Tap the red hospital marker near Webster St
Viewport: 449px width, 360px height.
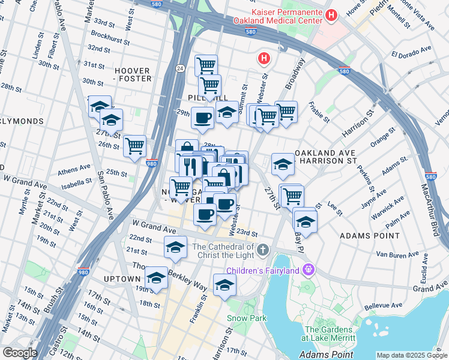coord(263,58)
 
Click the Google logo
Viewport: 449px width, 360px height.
coord(20,353)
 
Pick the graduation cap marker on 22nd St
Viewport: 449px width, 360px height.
coord(175,247)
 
